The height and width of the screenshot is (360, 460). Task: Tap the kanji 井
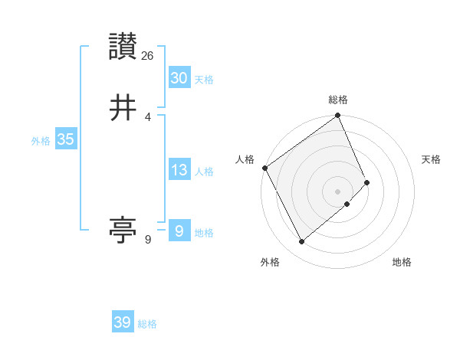tap(123, 108)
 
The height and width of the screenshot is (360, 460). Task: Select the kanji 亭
tap(123, 229)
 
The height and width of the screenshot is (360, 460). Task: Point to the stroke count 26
tap(149, 55)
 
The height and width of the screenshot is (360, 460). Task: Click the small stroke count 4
tap(147, 117)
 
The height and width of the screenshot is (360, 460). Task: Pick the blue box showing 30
tap(179, 77)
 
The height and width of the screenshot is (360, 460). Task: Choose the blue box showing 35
tap(65, 139)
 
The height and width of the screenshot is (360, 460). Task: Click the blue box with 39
tap(122, 322)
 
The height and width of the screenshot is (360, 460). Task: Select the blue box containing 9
tap(179, 231)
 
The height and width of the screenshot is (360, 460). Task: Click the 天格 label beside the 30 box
tap(203, 80)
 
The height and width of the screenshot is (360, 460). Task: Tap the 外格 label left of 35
tap(41, 141)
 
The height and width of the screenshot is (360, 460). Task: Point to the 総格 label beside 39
tap(147, 324)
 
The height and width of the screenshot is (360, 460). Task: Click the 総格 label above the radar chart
tap(337, 100)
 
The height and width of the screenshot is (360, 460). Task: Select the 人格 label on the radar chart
tap(245, 159)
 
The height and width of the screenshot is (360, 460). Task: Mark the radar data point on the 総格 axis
tap(337, 116)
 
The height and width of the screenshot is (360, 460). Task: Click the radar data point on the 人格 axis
tap(264, 168)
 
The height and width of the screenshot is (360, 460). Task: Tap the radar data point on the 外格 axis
tap(302, 241)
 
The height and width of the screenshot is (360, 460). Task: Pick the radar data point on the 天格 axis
tap(367, 182)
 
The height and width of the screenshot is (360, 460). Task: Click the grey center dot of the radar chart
tap(337, 191)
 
